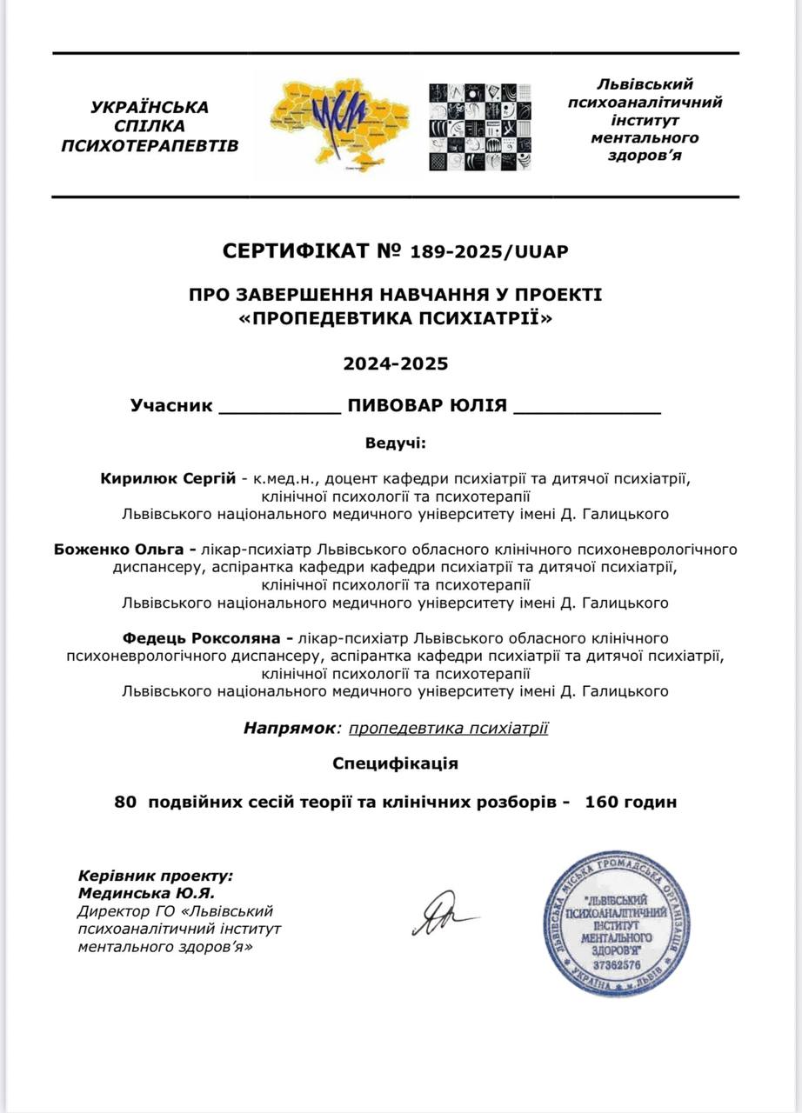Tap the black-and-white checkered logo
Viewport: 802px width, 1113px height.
479,127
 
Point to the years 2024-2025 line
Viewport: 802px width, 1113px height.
396,363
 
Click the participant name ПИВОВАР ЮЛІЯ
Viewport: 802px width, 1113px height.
427,406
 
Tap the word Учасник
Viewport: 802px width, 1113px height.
171,406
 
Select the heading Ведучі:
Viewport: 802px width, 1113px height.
396,443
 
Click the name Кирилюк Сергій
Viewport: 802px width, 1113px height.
168,477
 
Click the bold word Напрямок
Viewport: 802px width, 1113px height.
288,728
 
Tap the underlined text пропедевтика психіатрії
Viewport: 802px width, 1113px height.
448,728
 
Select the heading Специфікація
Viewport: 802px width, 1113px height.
396,763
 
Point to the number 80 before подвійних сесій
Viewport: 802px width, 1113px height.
124,802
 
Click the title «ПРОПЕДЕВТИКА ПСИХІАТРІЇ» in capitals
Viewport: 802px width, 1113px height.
396,319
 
